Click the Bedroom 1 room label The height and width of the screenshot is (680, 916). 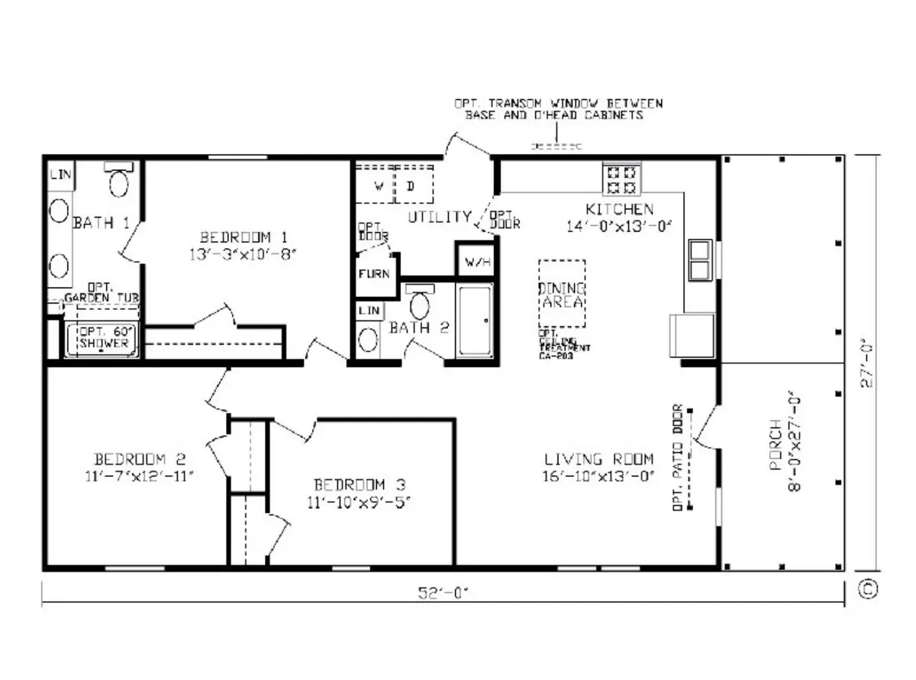point(242,236)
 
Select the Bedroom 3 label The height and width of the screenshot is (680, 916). point(360,485)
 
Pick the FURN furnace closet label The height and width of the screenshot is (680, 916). point(375,274)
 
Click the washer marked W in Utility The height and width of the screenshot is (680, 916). point(377,185)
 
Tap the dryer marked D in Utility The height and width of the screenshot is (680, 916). point(411,185)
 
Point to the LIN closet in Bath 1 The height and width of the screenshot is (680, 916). point(60,175)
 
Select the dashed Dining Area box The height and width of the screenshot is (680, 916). point(562,295)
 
